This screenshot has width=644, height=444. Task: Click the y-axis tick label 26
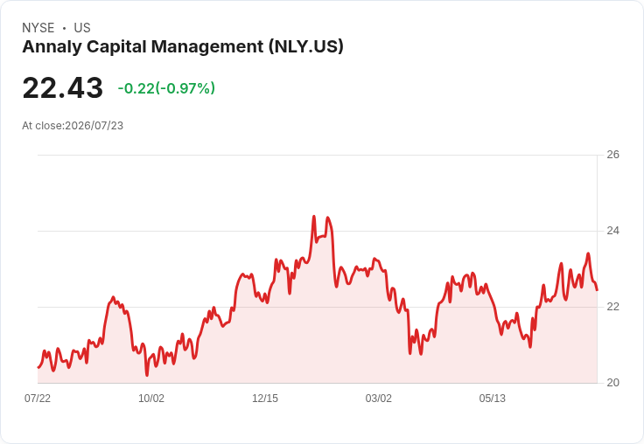pos(612,155)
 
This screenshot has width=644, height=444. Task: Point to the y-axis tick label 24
pos(612,231)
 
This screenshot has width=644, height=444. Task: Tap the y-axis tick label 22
pos(612,307)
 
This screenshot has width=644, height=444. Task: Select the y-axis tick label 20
pos(612,383)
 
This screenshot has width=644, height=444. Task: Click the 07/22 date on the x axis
pos(38,398)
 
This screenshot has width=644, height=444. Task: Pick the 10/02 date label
pos(151,398)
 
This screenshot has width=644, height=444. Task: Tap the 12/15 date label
pos(265,398)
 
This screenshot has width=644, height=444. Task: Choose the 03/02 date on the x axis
pos(378,398)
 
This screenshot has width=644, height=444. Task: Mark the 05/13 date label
pos(492,398)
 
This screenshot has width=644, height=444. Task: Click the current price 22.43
pos(62,87)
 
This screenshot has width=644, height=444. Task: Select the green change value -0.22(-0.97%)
pos(166,88)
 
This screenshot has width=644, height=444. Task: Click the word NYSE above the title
pos(38,28)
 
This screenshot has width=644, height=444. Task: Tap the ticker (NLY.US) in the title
pos(306,46)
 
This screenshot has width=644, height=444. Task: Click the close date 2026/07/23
pos(94,126)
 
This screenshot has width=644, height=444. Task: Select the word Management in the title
pos(207,47)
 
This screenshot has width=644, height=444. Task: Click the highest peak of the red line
pos(314,216)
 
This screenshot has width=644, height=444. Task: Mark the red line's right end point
pos(597,289)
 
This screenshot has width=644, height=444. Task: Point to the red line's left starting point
pos(38,367)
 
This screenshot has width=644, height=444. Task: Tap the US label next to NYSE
pos(82,28)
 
